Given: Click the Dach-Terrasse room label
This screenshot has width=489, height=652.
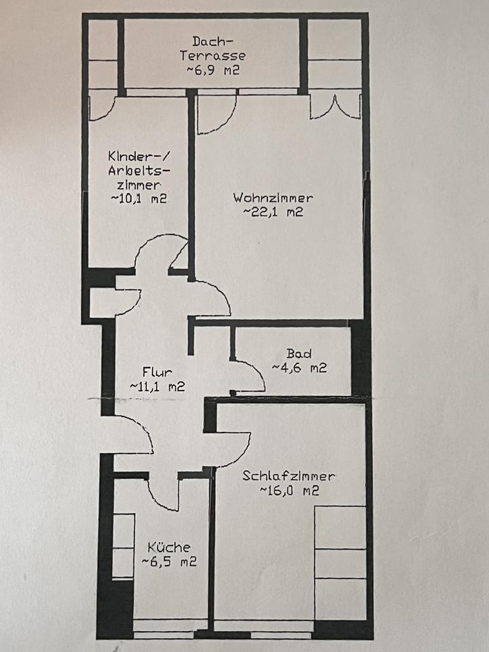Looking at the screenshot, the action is (213, 48).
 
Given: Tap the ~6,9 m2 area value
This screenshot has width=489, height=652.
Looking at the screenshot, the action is (213, 69).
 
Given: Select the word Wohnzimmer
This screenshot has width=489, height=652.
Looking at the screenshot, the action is (273, 198).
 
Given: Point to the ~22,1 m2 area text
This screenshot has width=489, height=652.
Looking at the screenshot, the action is (273, 212).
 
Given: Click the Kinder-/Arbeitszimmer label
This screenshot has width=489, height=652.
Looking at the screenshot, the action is (139, 170).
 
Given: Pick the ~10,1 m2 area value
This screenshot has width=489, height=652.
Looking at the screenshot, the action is (139, 198).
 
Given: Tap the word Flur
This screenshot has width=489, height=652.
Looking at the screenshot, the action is (157, 372).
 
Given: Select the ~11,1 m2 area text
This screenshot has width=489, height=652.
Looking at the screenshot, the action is (157, 386).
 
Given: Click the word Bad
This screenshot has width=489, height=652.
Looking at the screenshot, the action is (299, 353).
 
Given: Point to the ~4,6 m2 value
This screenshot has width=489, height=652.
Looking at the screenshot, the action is (299, 367).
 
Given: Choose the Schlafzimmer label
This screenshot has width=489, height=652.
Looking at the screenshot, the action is (289, 475).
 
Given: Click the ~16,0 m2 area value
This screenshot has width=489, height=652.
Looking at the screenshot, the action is (289, 490).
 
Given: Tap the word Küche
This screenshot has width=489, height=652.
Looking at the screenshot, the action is (169, 547).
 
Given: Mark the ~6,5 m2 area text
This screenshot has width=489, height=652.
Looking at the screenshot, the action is (169, 562).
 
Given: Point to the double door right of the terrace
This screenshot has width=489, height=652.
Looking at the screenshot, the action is (335, 109).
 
